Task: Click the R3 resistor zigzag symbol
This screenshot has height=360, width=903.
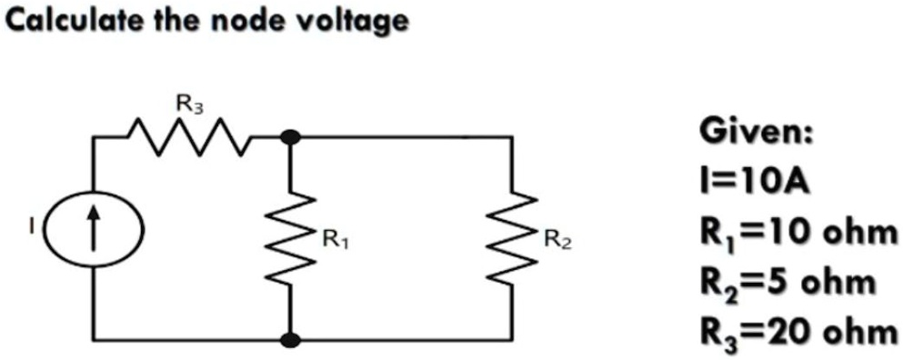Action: tap(189, 138)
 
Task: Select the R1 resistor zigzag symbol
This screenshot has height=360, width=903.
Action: tap(290, 237)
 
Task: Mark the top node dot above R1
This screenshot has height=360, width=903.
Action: tap(290, 138)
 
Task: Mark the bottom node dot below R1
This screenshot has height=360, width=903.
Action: tap(290, 341)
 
